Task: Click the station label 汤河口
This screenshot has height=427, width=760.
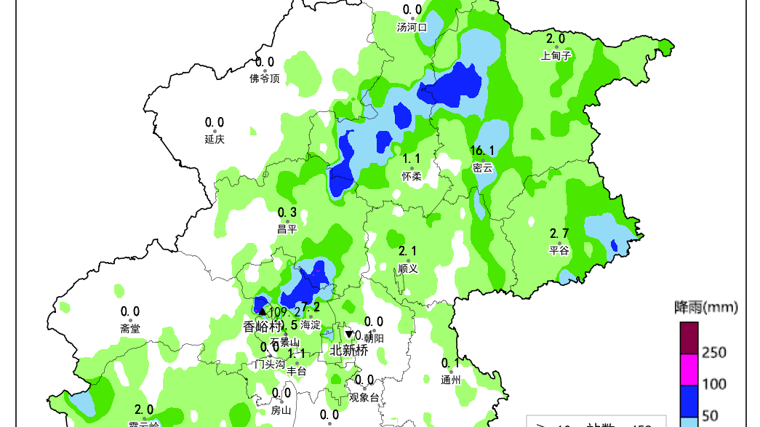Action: click(412, 28)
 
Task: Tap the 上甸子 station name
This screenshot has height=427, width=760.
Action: click(556, 55)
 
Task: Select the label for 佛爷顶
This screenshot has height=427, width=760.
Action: click(264, 79)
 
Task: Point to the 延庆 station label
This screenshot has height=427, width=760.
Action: click(214, 139)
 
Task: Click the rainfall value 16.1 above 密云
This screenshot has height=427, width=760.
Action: click(482, 151)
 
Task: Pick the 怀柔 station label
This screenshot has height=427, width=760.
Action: click(412, 176)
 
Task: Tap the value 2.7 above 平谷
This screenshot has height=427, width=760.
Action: click(559, 234)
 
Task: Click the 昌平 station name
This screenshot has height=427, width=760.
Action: click(287, 229)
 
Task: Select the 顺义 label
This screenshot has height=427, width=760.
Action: click(408, 268)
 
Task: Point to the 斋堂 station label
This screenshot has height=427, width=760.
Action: click(130, 329)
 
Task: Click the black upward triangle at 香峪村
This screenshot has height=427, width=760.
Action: click(263, 311)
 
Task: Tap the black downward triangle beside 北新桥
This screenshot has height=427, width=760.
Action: click(348, 335)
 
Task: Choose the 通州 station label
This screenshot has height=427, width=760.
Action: click(450, 380)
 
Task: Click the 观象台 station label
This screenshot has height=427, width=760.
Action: click(364, 397)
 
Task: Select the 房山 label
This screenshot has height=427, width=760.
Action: click(281, 410)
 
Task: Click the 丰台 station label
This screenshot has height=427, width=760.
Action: click(296, 372)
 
